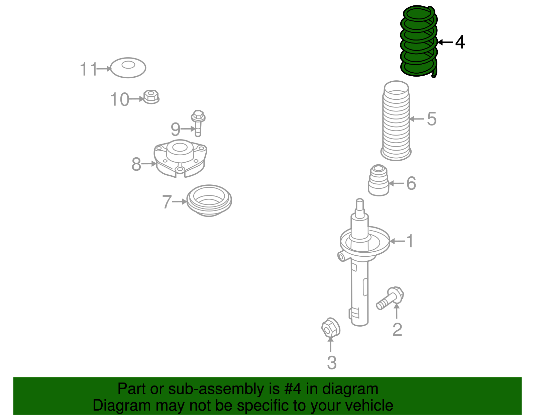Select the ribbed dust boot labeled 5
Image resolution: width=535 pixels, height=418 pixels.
pyautogui.click(x=396, y=121)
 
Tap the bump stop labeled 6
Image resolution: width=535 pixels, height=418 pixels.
pyautogui.click(x=379, y=180)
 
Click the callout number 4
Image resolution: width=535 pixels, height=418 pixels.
pyautogui.click(x=460, y=42)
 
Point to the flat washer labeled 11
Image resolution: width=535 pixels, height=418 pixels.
pyautogui.click(x=128, y=68)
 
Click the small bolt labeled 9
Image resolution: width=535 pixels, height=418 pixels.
pyautogui.click(x=198, y=123)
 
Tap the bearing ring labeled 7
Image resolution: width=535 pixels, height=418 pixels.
pyautogui.click(x=209, y=200)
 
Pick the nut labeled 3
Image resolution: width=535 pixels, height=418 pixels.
pyautogui.click(x=331, y=327)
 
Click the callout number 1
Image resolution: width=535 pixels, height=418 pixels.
pyautogui.click(x=410, y=241)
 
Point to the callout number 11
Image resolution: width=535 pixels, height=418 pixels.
pyautogui.click(x=89, y=69)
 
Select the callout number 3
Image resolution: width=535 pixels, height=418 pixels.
pyautogui.click(x=332, y=362)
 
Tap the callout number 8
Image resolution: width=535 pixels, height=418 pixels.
pyautogui.click(x=136, y=164)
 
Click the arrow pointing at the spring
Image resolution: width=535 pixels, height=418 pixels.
pyautogui.click(x=445, y=42)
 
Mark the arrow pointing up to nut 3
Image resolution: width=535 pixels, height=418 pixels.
pyautogui.click(x=330, y=344)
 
